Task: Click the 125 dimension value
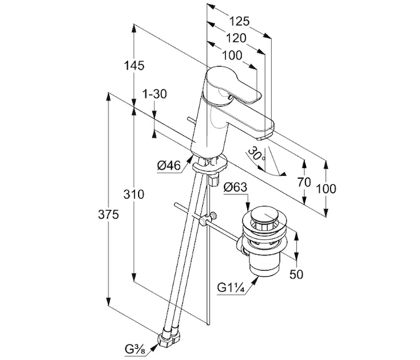pos(239,21)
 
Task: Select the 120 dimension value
pos(236,38)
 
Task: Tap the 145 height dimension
pos(134,65)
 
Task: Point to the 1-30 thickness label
pos(154,94)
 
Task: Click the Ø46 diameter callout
pos(169,166)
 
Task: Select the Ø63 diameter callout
pos(235,187)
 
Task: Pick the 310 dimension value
pos(134,194)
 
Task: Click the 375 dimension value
pos(108,214)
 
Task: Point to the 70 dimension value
pos(304,182)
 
